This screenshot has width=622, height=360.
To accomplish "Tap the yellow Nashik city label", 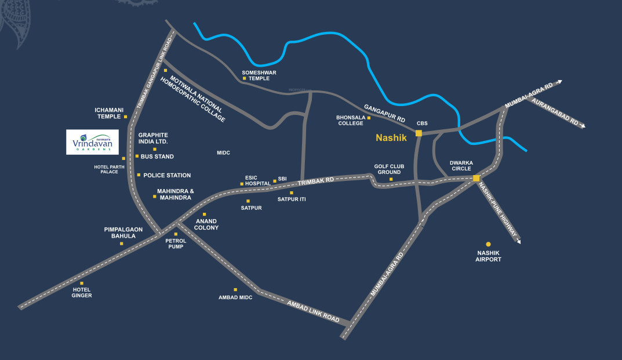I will click(x=392, y=138).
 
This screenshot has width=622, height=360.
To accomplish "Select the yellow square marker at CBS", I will click(x=419, y=133).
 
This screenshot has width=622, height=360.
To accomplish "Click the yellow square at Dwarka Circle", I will click(x=476, y=179).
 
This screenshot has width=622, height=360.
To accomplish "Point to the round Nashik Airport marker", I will click(x=488, y=244).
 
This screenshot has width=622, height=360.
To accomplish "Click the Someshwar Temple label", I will click(x=259, y=75).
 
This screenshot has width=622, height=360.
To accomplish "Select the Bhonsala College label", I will click(x=350, y=120).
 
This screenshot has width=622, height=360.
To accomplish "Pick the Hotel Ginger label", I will click(x=82, y=292).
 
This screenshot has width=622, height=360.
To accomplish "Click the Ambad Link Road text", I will click(x=313, y=311).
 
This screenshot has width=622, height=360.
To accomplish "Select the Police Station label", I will click(x=167, y=175).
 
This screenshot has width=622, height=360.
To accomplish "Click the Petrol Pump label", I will click(x=175, y=243).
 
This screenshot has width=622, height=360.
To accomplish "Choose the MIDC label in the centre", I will click(x=223, y=153).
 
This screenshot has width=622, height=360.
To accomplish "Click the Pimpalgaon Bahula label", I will click(x=123, y=232).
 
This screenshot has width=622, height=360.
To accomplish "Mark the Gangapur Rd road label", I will click(x=384, y=112).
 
